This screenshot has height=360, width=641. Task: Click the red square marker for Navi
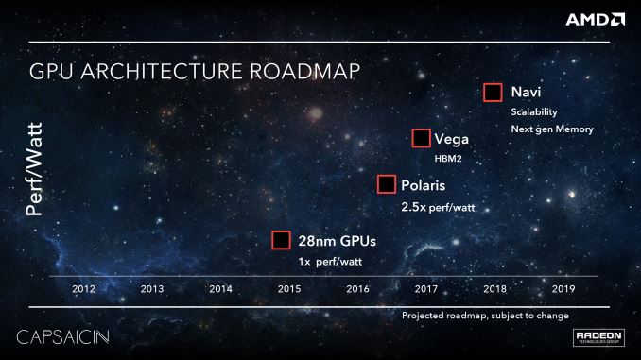tap(492, 93)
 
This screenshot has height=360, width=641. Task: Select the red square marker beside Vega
tap(422, 138)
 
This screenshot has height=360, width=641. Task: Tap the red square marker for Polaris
tap(386, 184)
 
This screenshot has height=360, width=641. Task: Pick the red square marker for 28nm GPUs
tap(281, 240)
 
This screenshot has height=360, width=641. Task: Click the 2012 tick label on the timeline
tap(83, 288)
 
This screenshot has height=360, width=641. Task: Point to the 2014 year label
tap(220, 288)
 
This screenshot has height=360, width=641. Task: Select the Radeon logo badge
tap(598, 338)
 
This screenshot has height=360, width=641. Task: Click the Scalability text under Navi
tap(534, 111)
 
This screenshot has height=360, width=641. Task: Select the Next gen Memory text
tap(552, 129)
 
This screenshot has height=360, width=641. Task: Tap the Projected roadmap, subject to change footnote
tap(485, 315)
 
